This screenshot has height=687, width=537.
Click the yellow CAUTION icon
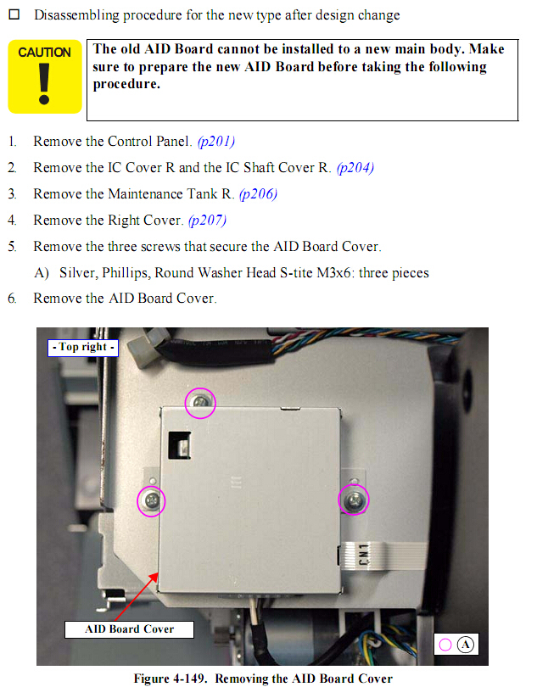coord(45,76)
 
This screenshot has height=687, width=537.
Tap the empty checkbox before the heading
coord(14,14)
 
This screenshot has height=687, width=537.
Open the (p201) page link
coord(215,142)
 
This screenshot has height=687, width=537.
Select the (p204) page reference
coord(355,168)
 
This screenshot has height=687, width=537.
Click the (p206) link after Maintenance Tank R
coord(258,194)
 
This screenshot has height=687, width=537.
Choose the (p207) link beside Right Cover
coord(207,221)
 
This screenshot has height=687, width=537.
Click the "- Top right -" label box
coord(83,348)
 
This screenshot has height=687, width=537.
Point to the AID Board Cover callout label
coord(129,629)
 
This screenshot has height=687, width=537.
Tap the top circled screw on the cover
coord(200,403)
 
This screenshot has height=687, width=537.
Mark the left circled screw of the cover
coord(151,500)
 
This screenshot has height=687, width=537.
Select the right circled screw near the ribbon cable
coord(354,499)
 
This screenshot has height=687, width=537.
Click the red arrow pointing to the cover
coord(137,596)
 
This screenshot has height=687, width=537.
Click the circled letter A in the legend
coord(465,645)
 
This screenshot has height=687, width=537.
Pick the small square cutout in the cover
coord(180,445)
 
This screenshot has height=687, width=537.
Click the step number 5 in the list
coord(12,247)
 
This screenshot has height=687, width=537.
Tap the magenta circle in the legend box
coord(445,645)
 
